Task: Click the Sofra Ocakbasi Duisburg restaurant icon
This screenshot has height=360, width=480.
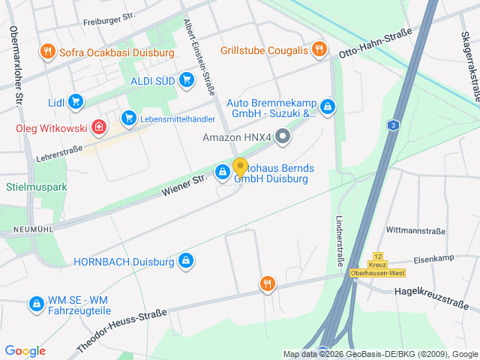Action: point(47,52)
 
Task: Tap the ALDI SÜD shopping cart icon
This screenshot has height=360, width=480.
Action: point(186,79)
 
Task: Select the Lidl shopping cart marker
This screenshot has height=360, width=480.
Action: point(74,101)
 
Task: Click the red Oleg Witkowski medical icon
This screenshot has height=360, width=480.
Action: point(99,127)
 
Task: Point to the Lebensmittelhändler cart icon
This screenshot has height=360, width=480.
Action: point(128,118)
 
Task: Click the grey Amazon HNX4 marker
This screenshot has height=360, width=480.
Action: point(283,136)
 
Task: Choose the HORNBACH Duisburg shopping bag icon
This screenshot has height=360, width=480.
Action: point(185,261)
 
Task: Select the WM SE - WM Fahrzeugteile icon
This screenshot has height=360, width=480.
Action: point(35,304)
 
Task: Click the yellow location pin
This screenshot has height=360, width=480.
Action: point(240,167)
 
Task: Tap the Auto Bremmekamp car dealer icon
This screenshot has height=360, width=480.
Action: point(328,108)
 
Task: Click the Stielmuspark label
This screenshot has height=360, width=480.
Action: point(37,186)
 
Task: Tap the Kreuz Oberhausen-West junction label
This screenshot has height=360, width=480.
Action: point(377,268)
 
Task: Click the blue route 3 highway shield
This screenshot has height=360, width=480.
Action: point(393,124)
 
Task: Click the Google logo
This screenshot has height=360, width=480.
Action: point(25,351)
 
